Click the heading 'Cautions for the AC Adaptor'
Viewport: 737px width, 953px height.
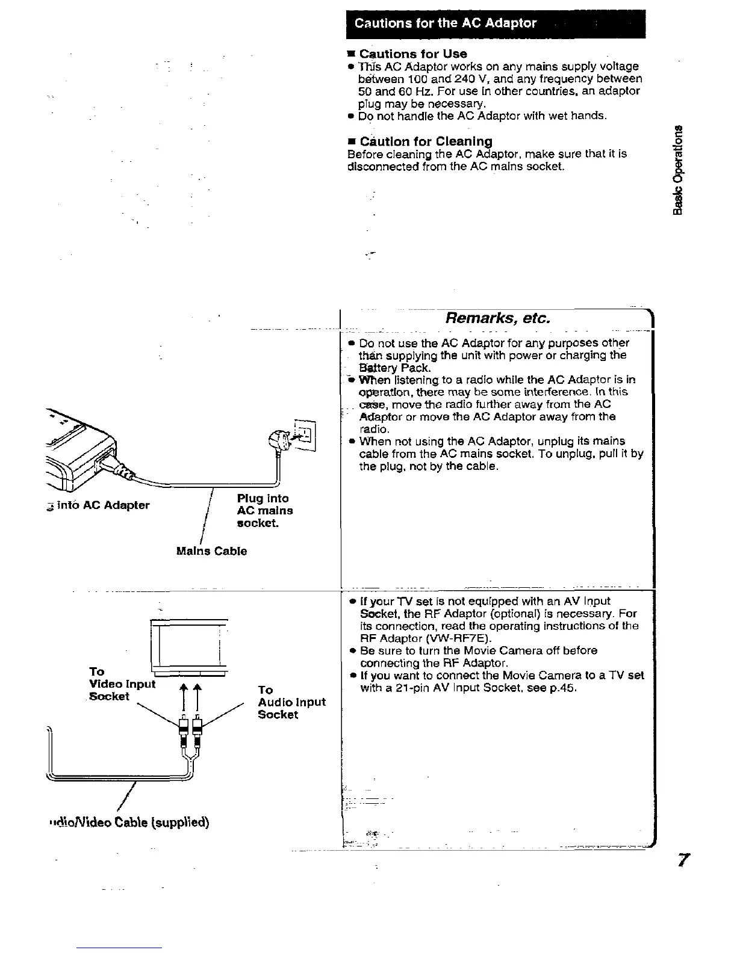coord(446,23)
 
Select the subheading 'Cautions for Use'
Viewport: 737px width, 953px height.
coord(413,54)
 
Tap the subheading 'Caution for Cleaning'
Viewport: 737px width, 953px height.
coord(426,141)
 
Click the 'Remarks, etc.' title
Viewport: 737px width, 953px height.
coord(497,318)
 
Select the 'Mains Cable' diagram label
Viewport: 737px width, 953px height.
coord(211,551)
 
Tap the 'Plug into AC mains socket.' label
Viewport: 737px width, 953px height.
coord(265,510)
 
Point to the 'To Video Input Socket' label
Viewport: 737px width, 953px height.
coord(122,684)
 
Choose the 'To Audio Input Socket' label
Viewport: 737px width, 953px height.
coord(291,702)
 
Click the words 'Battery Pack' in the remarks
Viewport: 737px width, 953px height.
coord(394,368)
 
